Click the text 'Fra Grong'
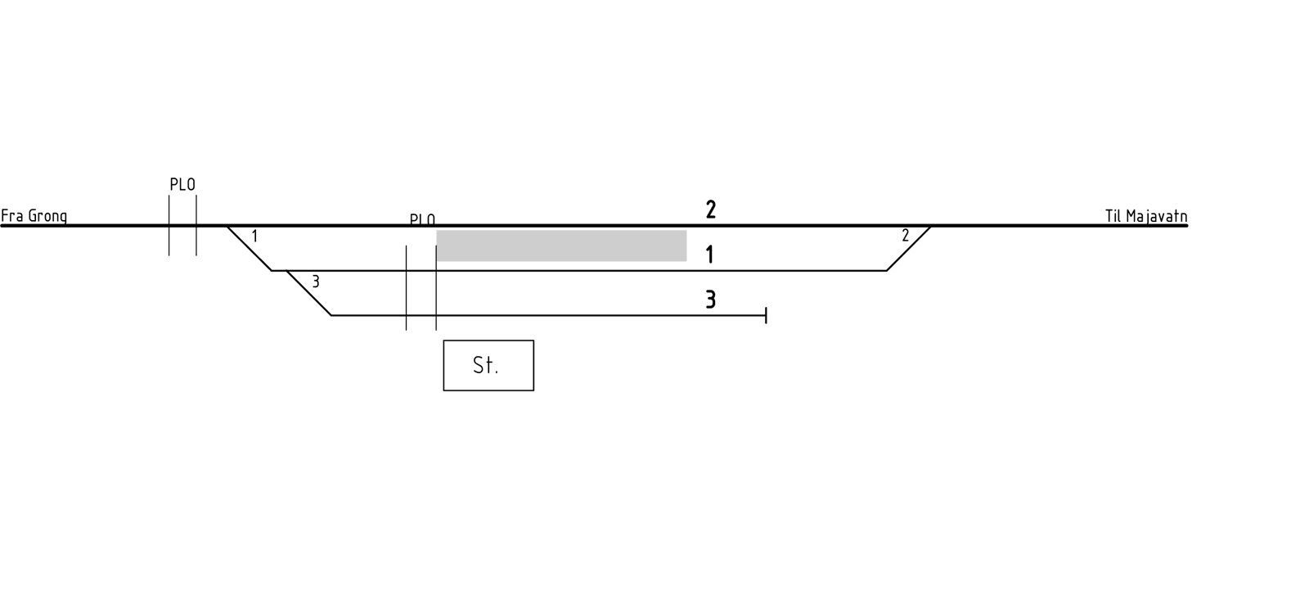click(x=34, y=216)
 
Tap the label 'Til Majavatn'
click(x=1146, y=216)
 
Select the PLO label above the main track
click(x=182, y=185)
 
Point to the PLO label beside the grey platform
click(x=422, y=220)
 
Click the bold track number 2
click(x=711, y=210)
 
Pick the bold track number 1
click(x=710, y=255)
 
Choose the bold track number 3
click(x=711, y=300)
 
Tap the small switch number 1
click(x=254, y=237)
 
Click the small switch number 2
click(x=905, y=236)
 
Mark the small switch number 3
click(x=316, y=282)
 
